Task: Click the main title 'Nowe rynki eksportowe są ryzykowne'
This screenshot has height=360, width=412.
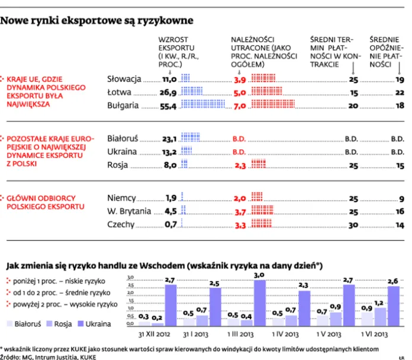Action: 97,21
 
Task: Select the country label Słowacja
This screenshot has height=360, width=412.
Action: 124,79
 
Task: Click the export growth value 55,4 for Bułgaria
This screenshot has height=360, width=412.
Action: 168,105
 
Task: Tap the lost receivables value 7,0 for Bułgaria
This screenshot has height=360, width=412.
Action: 240,105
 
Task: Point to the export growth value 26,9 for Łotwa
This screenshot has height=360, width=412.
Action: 168,92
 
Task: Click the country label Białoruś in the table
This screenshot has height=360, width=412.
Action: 123,139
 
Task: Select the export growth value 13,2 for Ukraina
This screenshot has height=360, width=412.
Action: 168,152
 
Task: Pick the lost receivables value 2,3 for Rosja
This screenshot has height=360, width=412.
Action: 240,166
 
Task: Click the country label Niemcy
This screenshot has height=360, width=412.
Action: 121,198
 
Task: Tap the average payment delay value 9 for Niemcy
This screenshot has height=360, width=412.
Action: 401,198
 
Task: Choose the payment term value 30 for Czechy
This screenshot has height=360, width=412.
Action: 353,225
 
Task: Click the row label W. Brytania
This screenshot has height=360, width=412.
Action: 127,211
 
